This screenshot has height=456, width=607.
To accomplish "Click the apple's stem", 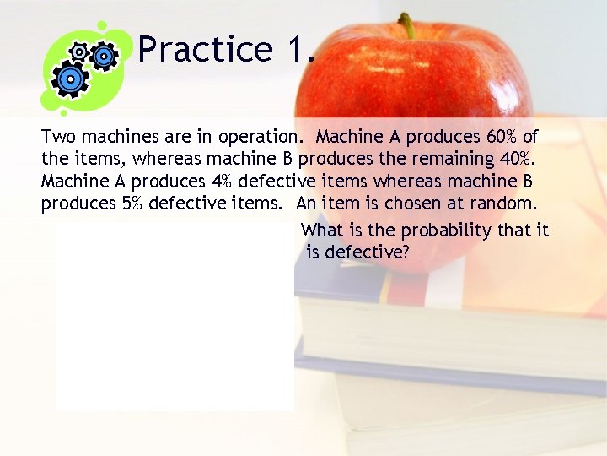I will (x=407, y=25).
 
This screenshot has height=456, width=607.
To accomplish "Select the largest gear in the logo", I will (x=70, y=79).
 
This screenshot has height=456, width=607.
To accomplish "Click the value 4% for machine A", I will (x=223, y=181).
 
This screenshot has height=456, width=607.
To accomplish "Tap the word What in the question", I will (x=321, y=230).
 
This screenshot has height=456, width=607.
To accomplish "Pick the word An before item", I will (x=308, y=203).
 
